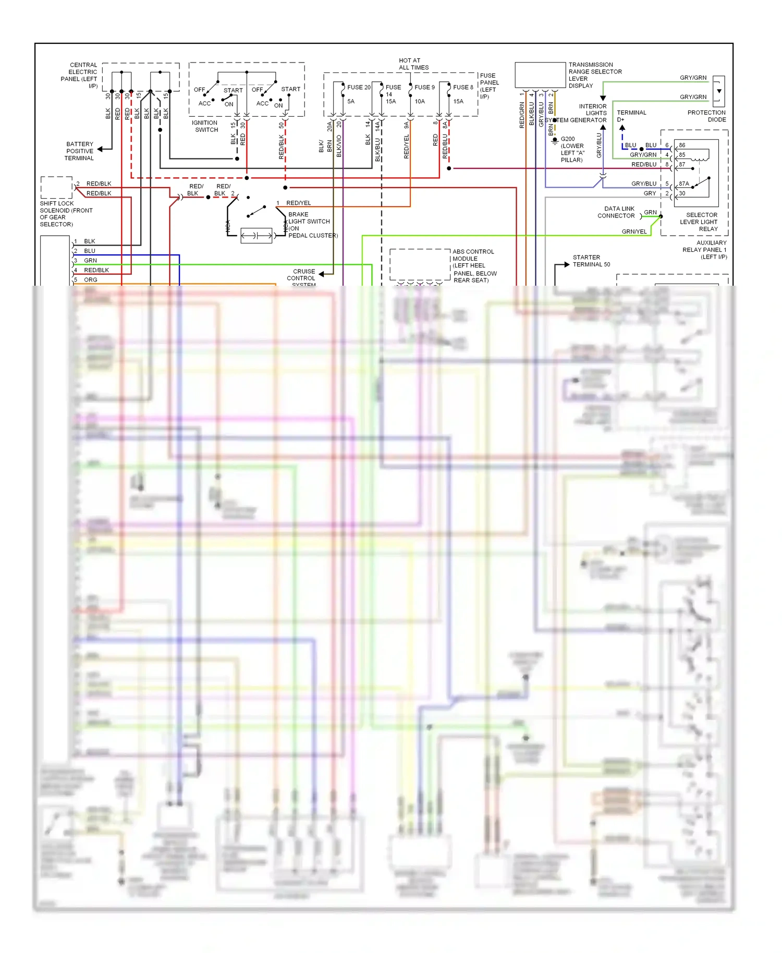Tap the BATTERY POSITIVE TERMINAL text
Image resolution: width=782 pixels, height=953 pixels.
click(80, 151)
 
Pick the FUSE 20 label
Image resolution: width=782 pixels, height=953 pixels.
click(359, 88)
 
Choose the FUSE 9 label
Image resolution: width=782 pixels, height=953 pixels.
click(424, 88)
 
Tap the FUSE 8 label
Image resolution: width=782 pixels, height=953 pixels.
click(463, 88)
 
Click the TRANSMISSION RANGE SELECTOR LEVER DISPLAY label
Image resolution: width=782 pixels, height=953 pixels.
click(594, 75)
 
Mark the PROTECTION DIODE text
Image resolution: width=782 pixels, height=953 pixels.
click(706, 116)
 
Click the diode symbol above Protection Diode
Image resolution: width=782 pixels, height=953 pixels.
click(719, 91)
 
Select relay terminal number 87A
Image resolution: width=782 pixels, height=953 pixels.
click(684, 184)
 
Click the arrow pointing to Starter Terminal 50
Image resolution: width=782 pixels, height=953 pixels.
click(566, 265)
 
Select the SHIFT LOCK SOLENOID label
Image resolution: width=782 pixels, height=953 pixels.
click(66, 214)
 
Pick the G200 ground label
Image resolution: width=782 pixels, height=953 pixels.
click(572, 150)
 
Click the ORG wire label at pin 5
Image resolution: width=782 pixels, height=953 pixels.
click(91, 280)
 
